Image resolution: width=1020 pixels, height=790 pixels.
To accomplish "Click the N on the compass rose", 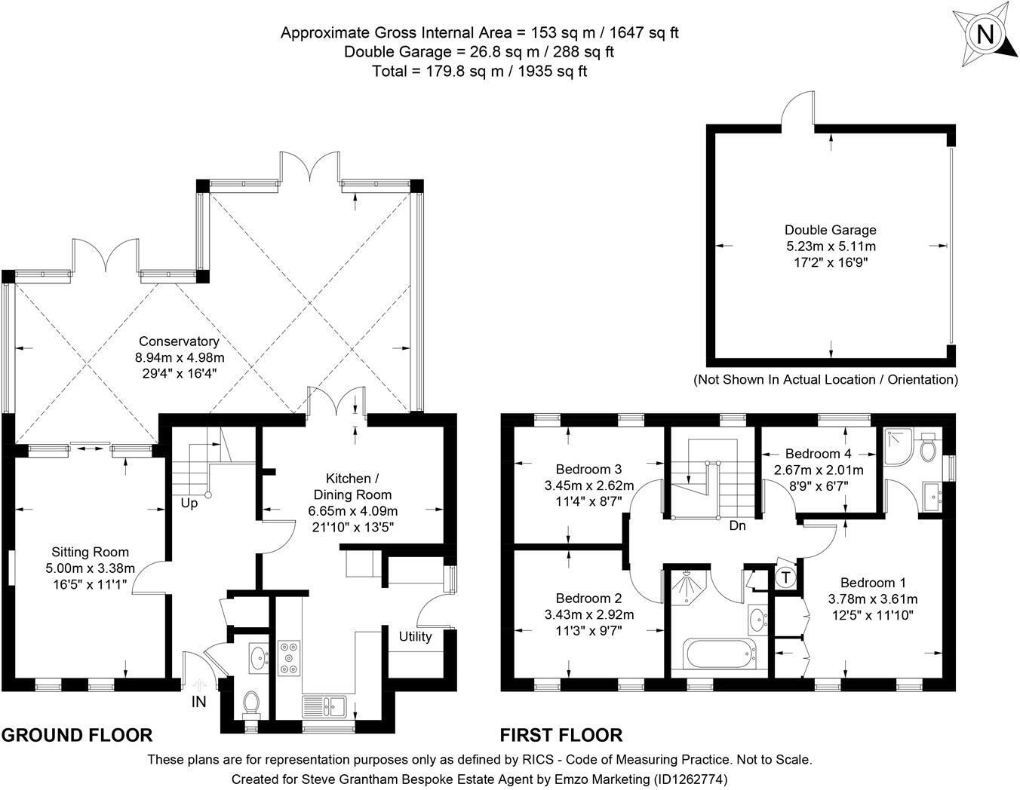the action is (x=985, y=35).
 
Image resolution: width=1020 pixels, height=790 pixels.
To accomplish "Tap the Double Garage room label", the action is (x=831, y=230).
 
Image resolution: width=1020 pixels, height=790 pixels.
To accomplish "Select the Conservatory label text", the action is (x=179, y=341).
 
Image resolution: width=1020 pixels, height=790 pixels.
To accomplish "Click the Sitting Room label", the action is (x=90, y=552).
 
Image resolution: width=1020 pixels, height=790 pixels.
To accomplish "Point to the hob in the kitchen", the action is (x=289, y=658).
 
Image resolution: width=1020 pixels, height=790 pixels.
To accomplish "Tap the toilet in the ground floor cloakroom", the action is (x=251, y=704).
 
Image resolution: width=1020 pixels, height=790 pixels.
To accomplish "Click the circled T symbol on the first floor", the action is (x=786, y=577).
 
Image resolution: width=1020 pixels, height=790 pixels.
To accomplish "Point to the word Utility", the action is (x=415, y=636).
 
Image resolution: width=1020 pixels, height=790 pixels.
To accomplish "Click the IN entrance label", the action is (x=198, y=701).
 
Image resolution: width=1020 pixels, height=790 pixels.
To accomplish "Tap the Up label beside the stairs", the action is (x=189, y=504).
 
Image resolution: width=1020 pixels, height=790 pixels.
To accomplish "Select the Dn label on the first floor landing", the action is (x=737, y=525).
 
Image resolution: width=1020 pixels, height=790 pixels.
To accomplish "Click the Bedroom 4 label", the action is (x=818, y=453).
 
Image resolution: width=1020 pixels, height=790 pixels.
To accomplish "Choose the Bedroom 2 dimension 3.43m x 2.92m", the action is (x=589, y=614).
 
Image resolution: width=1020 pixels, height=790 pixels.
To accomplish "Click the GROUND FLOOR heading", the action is (x=78, y=735).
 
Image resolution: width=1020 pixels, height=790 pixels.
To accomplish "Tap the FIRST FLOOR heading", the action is (x=561, y=735).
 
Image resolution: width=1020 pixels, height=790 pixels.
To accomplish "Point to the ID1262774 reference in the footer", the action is (x=689, y=779).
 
